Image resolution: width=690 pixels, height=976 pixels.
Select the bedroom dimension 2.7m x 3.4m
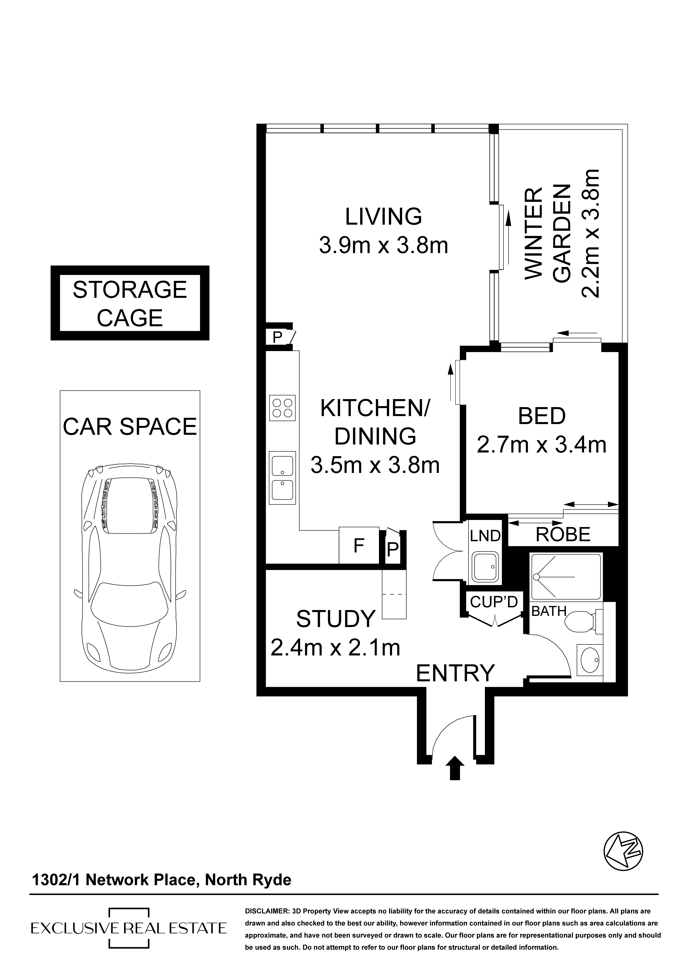point(542,445)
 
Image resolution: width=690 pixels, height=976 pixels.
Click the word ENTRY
point(455,673)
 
